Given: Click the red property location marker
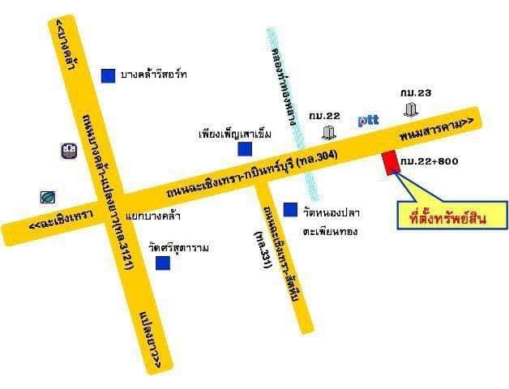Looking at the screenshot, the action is [x=391, y=162].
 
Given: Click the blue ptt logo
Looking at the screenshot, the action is [x=370, y=121].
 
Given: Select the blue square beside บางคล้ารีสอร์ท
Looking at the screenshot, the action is [x=107, y=75].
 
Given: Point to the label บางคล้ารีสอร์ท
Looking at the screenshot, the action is [x=154, y=75].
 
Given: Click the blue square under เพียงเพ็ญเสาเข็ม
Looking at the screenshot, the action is [x=244, y=148].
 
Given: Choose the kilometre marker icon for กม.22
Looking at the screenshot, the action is [x=329, y=132].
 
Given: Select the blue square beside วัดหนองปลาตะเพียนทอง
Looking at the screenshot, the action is [x=289, y=210].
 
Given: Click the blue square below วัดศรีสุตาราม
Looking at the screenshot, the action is [x=163, y=263].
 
